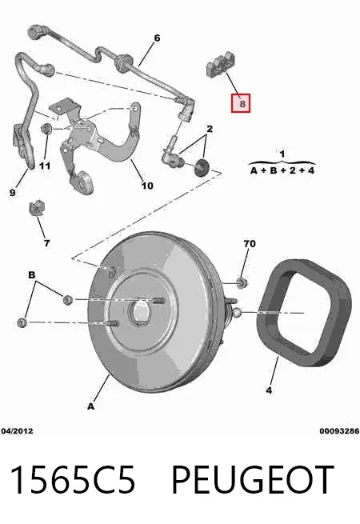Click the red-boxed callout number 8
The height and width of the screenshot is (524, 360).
click(x=241, y=103)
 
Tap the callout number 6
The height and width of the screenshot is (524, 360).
click(x=157, y=38)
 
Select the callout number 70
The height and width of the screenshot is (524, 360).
click(x=250, y=244)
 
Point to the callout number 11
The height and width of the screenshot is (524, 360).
click(x=45, y=166)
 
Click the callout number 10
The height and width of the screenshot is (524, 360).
click(x=147, y=186)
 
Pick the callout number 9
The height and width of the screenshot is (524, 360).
click(x=12, y=193)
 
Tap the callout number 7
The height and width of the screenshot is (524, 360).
click(x=46, y=243)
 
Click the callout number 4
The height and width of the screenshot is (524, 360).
click(x=269, y=390)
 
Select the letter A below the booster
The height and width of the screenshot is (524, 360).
click(x=91, y=406)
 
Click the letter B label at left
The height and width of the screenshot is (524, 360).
click(x=32, y=275)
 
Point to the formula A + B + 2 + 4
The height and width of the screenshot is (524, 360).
click(x=282, y=170)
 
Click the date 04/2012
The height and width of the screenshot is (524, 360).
click(x=17, y=431)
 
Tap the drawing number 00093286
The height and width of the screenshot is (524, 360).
click(x=339, y=431)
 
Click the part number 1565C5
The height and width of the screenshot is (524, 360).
click(x=73, y=479)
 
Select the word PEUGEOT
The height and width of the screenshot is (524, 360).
click(x=252, y=479)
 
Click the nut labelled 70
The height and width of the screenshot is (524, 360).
click(x=242, y=282)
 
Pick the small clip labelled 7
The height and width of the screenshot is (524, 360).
click(x=37, y=208)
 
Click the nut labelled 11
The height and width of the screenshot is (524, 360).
click(x=46, y=128)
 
